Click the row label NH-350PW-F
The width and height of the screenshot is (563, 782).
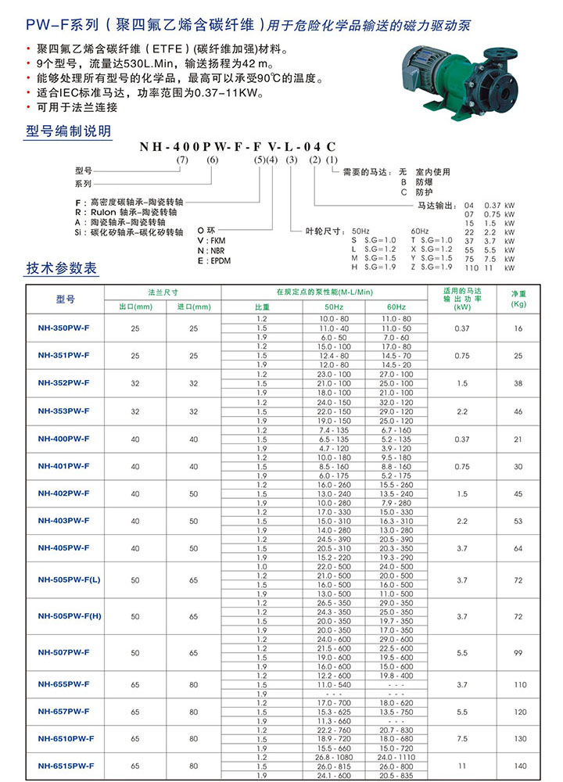[64, 328]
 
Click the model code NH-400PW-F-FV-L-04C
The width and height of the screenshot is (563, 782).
[239, 146]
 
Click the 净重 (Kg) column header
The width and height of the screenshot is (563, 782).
[518, 298]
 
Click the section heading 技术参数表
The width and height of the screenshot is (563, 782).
[63, 268]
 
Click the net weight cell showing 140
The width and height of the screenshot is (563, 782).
[518, 765]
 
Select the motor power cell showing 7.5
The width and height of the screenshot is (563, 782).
[462, 737]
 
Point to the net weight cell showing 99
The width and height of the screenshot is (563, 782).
[518, 652]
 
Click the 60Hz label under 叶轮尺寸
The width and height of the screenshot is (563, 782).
[419, 231]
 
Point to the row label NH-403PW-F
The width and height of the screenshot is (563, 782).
[64, 520]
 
